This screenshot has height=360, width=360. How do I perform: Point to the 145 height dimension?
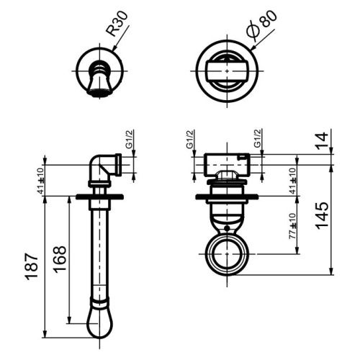click(322, 214)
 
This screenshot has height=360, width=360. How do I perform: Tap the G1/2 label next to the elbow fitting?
click(130, 150)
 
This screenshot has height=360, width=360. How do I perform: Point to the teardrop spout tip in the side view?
click(100, 323)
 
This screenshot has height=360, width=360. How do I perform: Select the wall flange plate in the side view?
click(99, 197)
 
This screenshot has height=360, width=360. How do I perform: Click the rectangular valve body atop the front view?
click(227, 165)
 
